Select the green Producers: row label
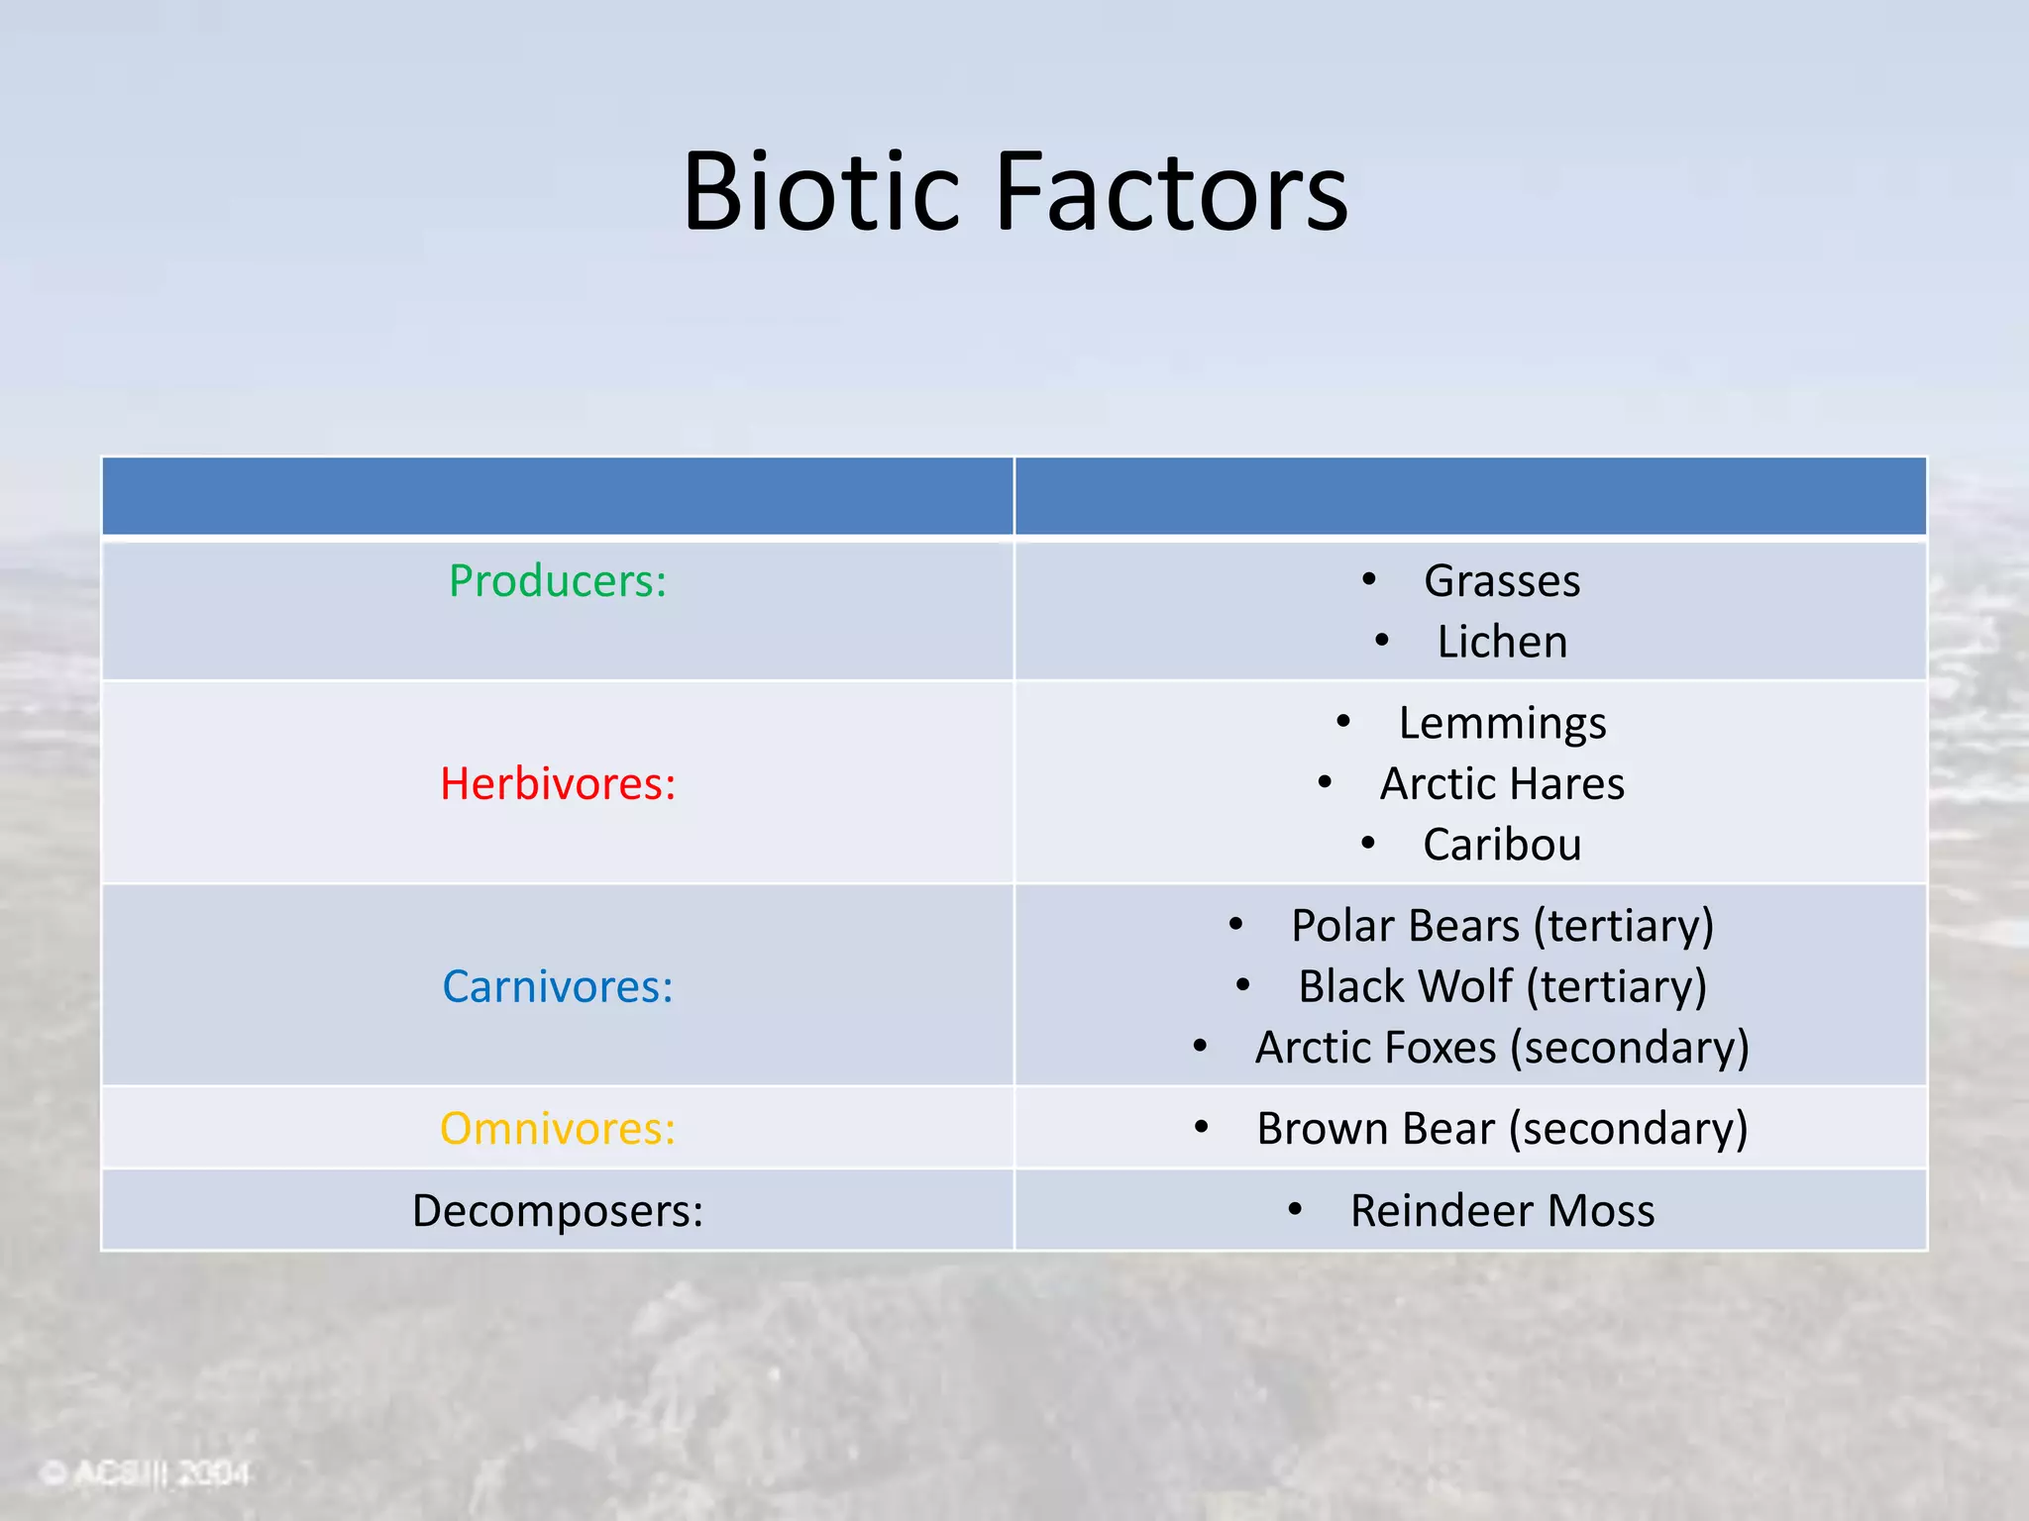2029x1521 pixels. point(558,581)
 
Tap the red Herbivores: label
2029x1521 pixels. point(558,784)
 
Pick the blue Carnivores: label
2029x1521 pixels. point(558,987)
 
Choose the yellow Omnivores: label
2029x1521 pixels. point(558,1129)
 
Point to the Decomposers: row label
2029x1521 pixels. point(558,1211)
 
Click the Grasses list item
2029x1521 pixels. point(1501,581)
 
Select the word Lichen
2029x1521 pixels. point(1502,643)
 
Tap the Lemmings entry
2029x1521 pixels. point(1502,724)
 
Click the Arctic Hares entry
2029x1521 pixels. point(1502,784)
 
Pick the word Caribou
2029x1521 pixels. point(1502,846)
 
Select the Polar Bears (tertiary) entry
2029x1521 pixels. point(1502,927)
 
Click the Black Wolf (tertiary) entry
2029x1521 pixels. point(1502,987)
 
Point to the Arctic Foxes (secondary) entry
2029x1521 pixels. point(1502,1049)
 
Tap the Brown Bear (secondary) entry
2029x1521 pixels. point(1502,1129)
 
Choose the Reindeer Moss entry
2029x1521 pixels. point(1502,1211)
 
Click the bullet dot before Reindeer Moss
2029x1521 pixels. point(1294,1208)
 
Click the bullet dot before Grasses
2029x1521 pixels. point(1368,578)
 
